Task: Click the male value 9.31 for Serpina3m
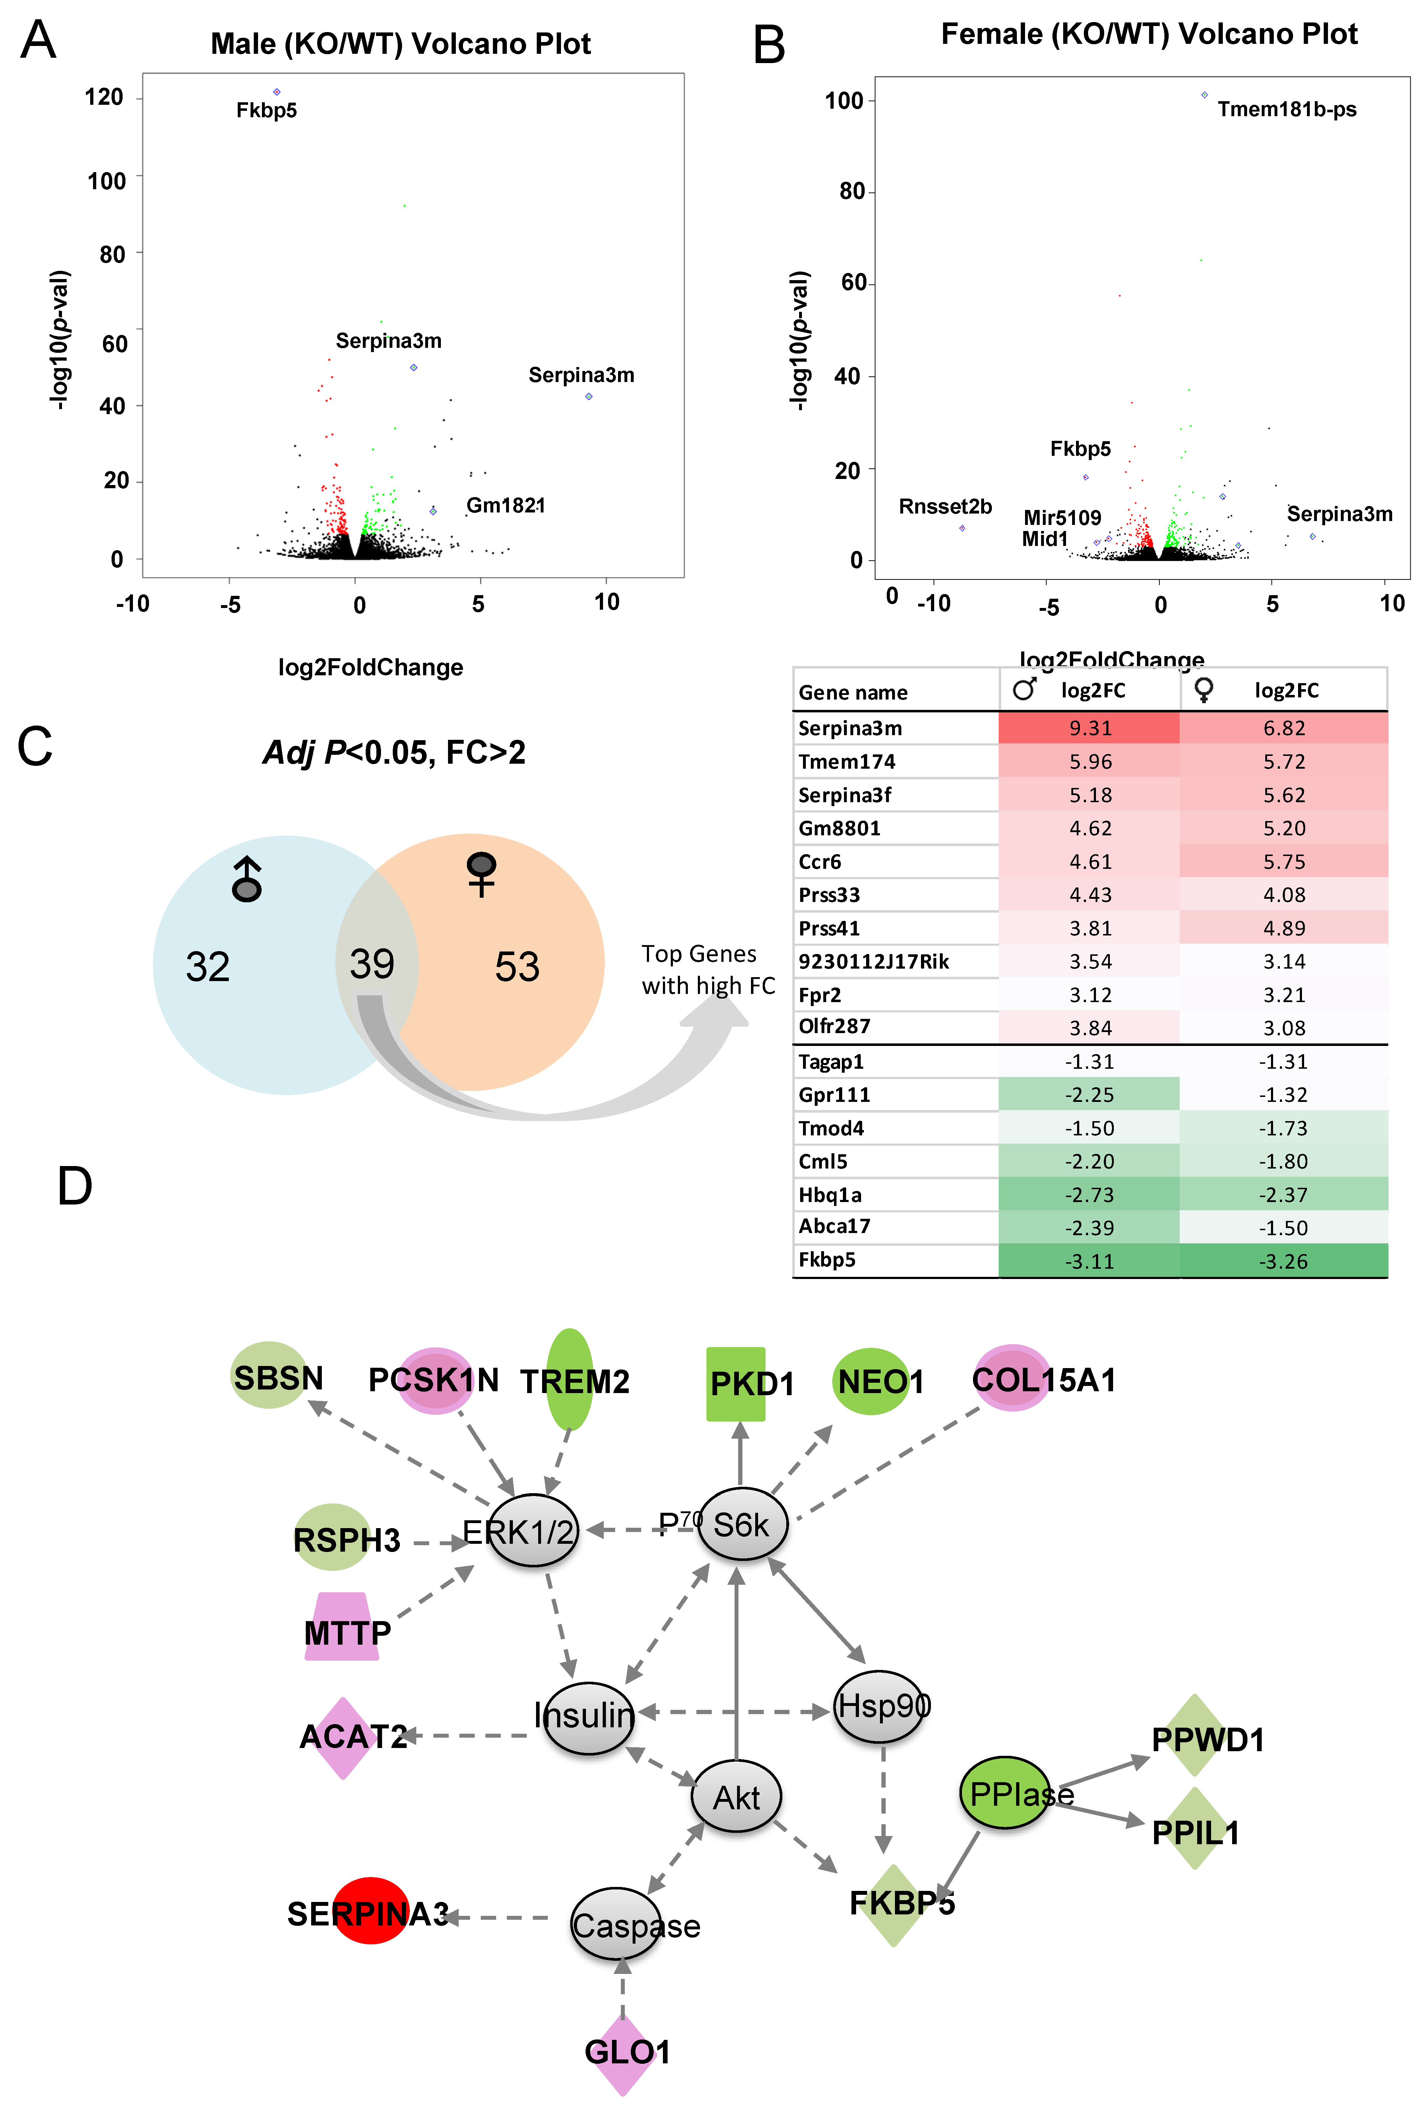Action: pyautogui.click(x=1089, y=728)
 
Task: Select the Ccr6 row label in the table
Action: pyautogui.click(x=819, y=862)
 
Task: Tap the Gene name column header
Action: pyautogui.click(x=852, y=692)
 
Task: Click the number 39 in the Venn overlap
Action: pyautogui.click(x=372, y=964)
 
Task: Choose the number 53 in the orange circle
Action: pyautogui.click(x=517, y=967)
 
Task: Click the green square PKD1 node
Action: pyautogui.click(x=736, y=1383)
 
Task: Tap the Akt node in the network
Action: pyautogui.click(x=736, y=1797)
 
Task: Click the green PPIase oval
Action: pyautogui.click(x=1005, y=1793)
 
